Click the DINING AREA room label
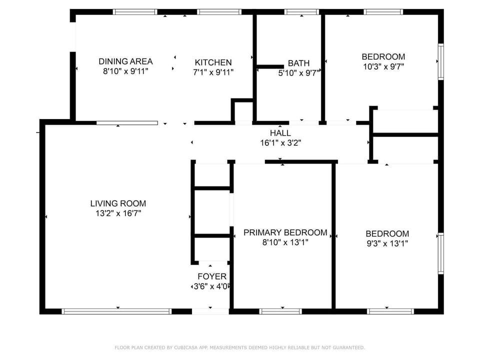tap(125, 61)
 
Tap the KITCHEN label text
tap(213, 62)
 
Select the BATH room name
tap(298, 63)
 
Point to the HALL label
tap(280, 133)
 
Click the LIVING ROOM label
tap(118, 203)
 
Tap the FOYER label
tap(212, 276)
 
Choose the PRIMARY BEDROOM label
tap(285, 232)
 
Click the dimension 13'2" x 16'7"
tap(118, 213)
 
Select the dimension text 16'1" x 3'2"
tap(280, 143)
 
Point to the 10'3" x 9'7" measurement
tap(383, 66)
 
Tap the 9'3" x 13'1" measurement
tap(387, 243)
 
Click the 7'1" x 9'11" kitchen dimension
tap(213, 72)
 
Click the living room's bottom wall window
tap(116, 311)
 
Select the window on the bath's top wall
tap(302, 12)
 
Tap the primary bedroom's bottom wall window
tap(280, 311)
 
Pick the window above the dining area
tap(135, 12)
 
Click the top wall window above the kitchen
tap(219, 12)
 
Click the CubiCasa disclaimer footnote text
tap(239, 347)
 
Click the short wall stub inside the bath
tap(270, 66)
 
